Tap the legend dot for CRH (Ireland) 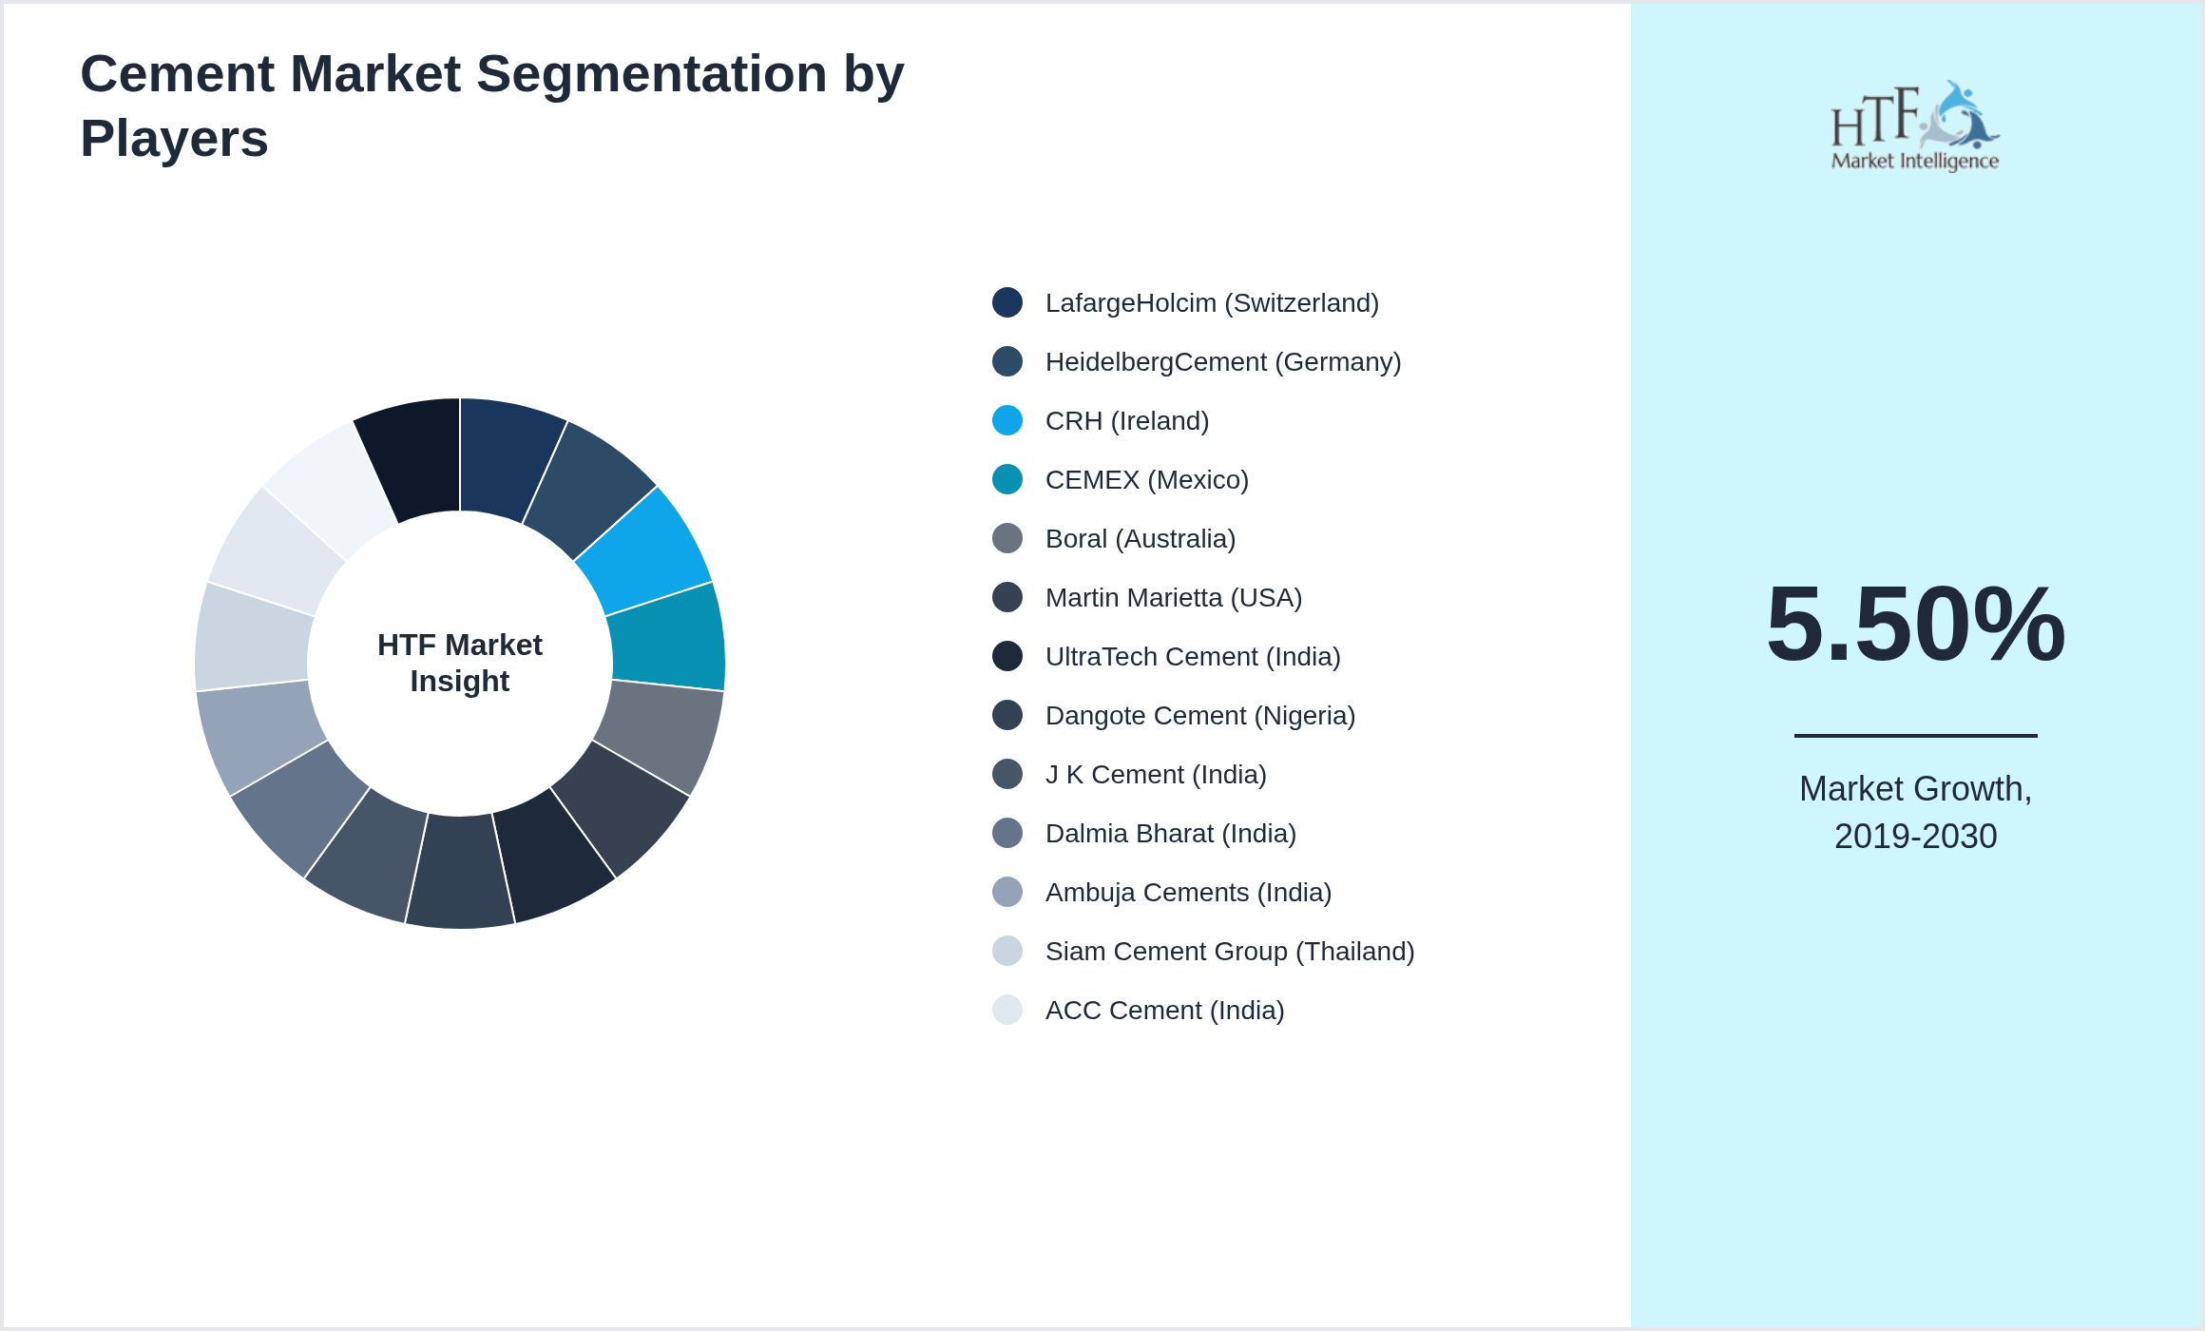[1007, 420]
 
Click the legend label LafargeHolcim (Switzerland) [1211, 303]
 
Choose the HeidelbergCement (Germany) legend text [1222, 362]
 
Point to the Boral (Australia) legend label [1140, 539]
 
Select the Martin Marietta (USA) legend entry [1173, 598]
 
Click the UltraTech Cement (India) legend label [1192, 657]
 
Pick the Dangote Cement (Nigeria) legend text [1199, 716]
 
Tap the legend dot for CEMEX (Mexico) [1007, 479]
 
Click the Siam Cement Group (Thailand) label [1229, 952]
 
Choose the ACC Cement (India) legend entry [1164, 1011]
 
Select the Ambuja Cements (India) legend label [1188, 893]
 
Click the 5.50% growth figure [1915, 625]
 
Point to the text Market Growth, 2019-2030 [1915, 813]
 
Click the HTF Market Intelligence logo [1914, 126]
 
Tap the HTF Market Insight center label [460, 663]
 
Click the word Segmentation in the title [651, 74]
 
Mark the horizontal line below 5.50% [1915, 735]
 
